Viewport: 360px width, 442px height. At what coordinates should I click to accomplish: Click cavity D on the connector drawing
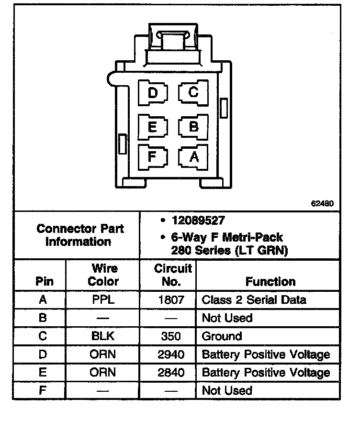point(153,93)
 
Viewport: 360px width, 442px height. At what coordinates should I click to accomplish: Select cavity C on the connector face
point(193,92)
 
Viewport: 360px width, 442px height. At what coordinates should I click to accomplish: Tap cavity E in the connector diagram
point(153,127)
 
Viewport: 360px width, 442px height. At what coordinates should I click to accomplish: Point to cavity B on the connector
point(193,126)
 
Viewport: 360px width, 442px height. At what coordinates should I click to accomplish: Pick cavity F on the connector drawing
point(153,156)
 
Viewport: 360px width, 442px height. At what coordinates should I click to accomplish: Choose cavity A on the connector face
point(193,156)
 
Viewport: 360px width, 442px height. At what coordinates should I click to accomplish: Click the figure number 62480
point(322,203)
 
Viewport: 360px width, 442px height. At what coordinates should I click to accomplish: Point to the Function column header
point(270,281)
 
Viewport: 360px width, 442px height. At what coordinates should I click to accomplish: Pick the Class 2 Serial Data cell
point(254,300)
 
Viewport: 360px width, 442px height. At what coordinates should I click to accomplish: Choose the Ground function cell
point(222,336)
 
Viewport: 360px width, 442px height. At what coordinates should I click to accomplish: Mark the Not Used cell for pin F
point(227,391)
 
